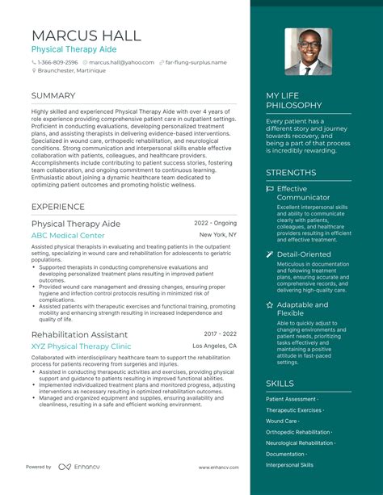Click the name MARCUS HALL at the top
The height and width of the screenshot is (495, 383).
pos(86,36)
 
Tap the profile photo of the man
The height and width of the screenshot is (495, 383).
pos(308,52)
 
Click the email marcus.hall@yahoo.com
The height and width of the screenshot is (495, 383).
pos(121,62)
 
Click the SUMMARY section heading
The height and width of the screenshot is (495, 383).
pos(53,95)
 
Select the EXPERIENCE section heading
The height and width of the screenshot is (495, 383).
pos(58,207)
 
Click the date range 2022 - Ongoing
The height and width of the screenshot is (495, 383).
pos(215,222)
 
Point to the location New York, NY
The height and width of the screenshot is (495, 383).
pos(218,235)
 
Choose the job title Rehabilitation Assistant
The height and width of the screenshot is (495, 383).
pos(79,334)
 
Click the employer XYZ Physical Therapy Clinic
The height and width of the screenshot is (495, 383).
pos(81,346)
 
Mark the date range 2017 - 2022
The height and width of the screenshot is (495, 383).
pos(220,333)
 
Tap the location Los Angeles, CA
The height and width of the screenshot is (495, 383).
pos(215,346)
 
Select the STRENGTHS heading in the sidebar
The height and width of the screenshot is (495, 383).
pos(291,172)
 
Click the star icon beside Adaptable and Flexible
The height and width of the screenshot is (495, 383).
pos(270,304)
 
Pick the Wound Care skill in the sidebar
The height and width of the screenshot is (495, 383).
pos(282,421)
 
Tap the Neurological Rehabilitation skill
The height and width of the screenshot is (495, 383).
pos(300,443)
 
